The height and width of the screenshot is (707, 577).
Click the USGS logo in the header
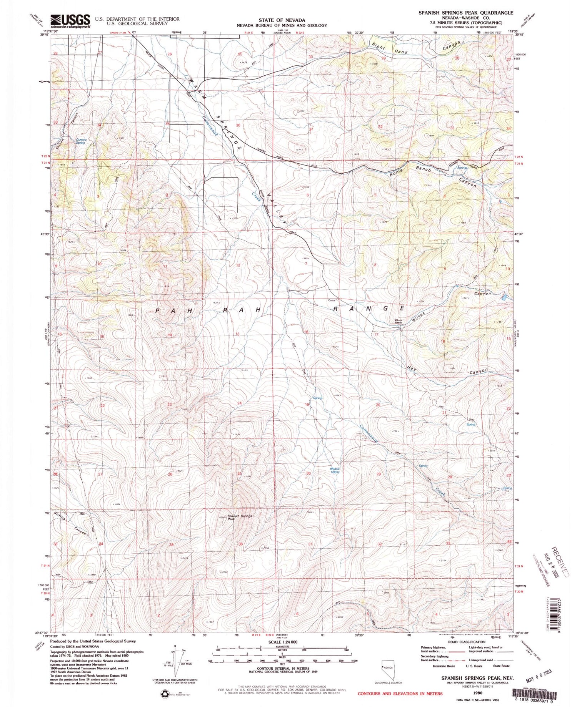coord(70,22)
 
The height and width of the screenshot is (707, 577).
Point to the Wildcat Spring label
coord(335,470)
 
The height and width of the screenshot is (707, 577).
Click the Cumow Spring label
coord(80,141)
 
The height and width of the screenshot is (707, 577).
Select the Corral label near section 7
coord(332,300)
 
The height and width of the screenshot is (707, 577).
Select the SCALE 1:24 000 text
coord(272,642)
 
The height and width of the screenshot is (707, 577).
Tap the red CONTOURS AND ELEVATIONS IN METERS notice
coord(400,694)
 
